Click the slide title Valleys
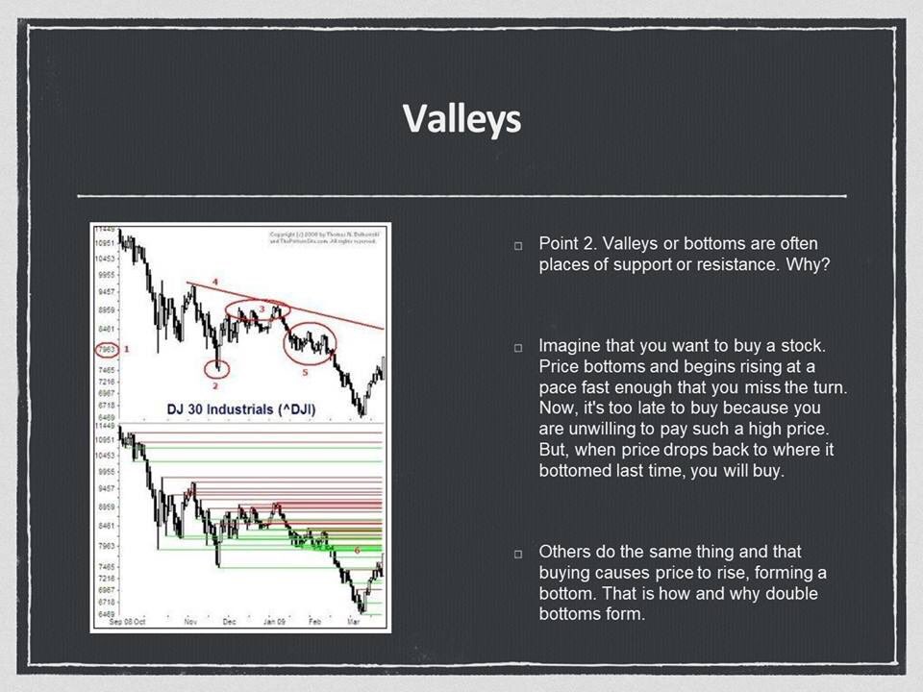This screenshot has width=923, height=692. pos(461,118)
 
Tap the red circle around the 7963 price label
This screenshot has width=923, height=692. pos(107,350)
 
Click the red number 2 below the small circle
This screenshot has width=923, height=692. pos(215,385)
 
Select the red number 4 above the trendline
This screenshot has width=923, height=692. pos(215,281)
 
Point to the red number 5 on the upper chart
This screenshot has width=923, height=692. pos(305,371)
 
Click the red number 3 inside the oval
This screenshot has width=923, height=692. pos(261,308)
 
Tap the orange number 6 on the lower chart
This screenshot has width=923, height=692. pos(358,550)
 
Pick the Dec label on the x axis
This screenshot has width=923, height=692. pos(229,622)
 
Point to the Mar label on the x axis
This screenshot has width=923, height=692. pos(352,622)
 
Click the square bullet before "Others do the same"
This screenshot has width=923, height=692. pos(518,554)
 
